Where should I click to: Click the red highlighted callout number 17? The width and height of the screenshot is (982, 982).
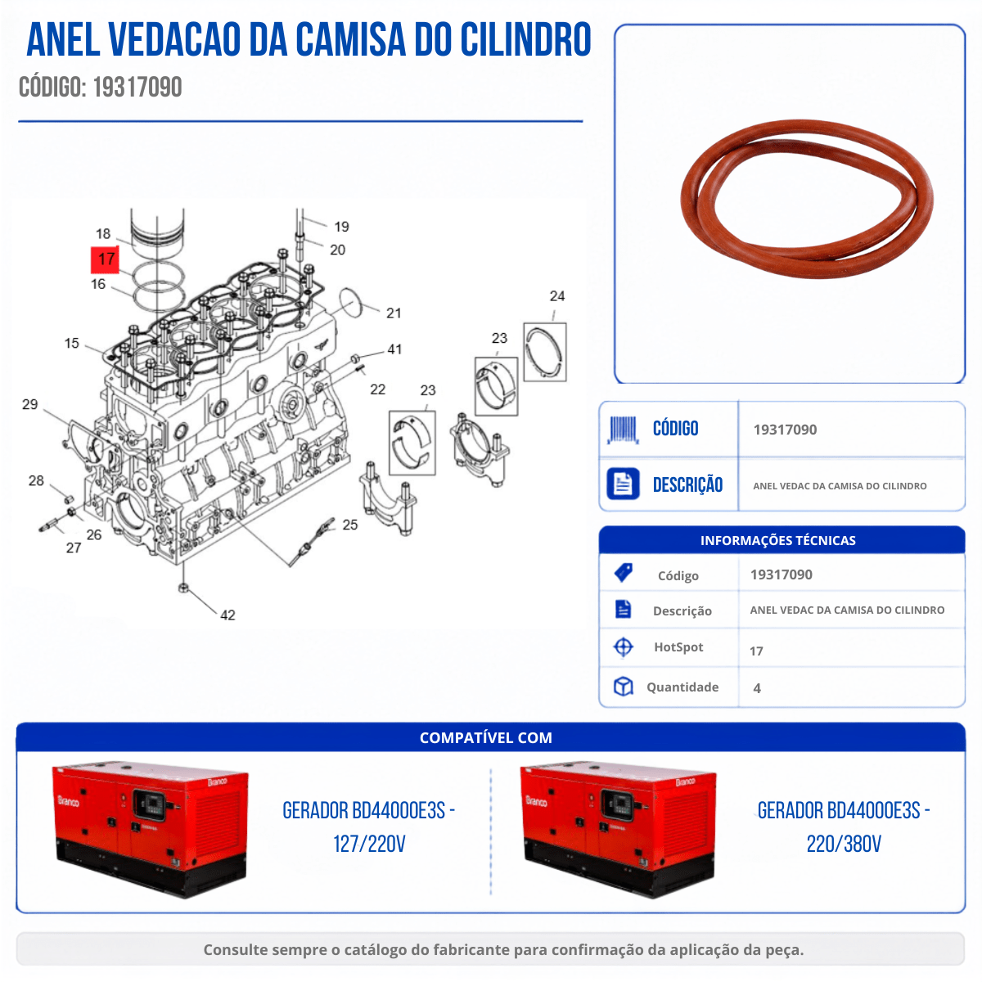(105, 259)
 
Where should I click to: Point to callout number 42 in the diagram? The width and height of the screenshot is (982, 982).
(227, 615)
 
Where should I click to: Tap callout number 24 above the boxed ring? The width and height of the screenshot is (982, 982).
(557, 295)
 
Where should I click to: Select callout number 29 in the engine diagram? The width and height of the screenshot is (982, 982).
(29, 404)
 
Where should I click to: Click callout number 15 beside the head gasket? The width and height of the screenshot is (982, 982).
(71, 343)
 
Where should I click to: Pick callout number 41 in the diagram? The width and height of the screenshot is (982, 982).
(394, 349)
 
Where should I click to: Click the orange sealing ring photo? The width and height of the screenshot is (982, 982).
(807, 199)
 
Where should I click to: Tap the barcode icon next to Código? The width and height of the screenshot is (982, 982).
(622, 429)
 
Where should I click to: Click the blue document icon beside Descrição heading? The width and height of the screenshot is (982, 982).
(623, 483)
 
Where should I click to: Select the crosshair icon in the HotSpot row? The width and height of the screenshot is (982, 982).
(623, 646)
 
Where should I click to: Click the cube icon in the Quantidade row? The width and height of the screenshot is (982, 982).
(623, 687)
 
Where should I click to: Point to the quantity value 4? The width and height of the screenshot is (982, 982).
(757, 688)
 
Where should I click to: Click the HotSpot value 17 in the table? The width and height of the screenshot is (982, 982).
(756, 651)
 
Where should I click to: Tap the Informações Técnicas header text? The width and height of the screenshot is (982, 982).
(777, 540)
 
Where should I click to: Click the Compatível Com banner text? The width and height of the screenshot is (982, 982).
(485, 737)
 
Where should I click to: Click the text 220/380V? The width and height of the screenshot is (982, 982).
(844, 844)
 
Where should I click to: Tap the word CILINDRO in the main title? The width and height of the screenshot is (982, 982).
(525, 39)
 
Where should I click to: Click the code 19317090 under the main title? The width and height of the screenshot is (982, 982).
(137, 87)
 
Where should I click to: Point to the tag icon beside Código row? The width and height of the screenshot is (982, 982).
(623, 573)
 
